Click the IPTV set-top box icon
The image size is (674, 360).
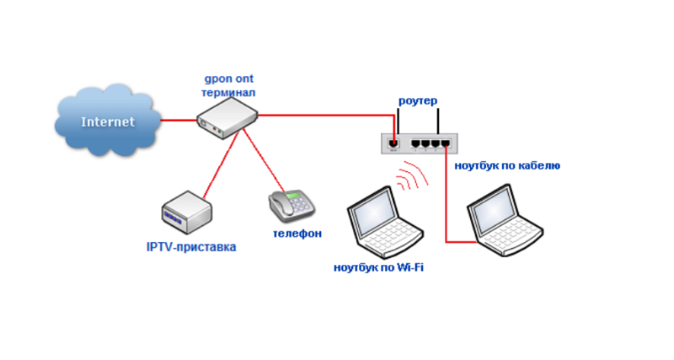[187, 213]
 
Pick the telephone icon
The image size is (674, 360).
[292, 206]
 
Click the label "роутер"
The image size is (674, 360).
[418, 101]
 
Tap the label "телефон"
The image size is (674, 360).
[296, 234]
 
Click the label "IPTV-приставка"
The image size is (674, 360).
[191, 247]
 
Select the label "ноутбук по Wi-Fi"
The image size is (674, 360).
[379, 267]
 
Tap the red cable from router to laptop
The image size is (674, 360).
[446, 204]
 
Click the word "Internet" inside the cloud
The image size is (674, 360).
[108, 121]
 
